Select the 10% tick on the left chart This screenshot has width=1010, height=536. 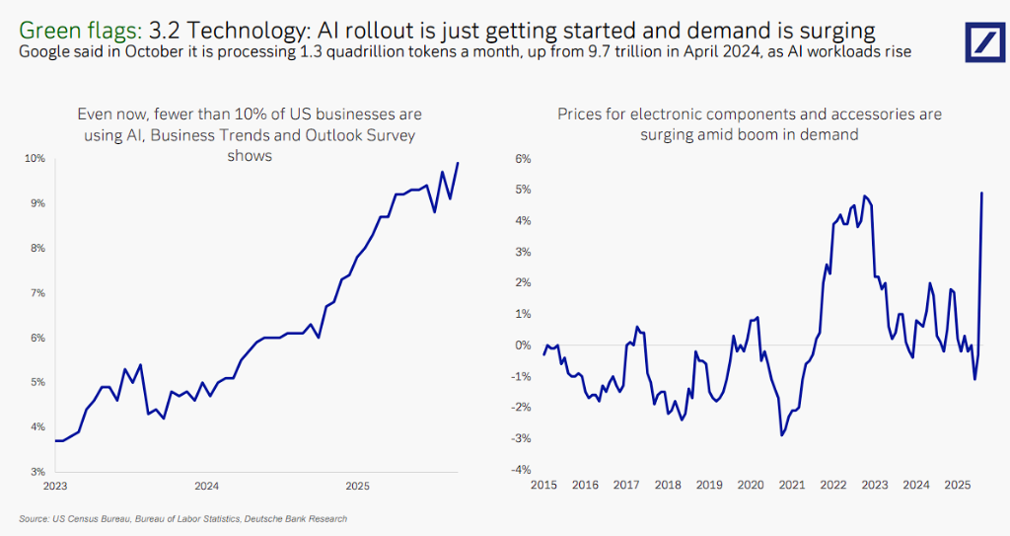(x=36, y=158)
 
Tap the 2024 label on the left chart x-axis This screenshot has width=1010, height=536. (x=206, y=486)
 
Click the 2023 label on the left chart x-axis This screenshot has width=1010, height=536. (x=55, y=486)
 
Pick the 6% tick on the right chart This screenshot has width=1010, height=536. (x=523, y=158)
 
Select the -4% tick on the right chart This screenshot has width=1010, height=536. (x=522, y=470)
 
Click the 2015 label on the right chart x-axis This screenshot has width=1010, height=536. (x=543, y=486)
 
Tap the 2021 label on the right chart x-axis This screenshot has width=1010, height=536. (x=792, y=486)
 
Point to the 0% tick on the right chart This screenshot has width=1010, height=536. (x=523, y=345)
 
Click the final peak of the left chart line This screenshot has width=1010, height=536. (x=458, y=163)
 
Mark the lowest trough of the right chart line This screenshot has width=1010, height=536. (x=781, y=434)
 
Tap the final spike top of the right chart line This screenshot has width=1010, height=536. (x=981, y=192)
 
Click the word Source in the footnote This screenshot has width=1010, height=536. (x=34, y=518)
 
